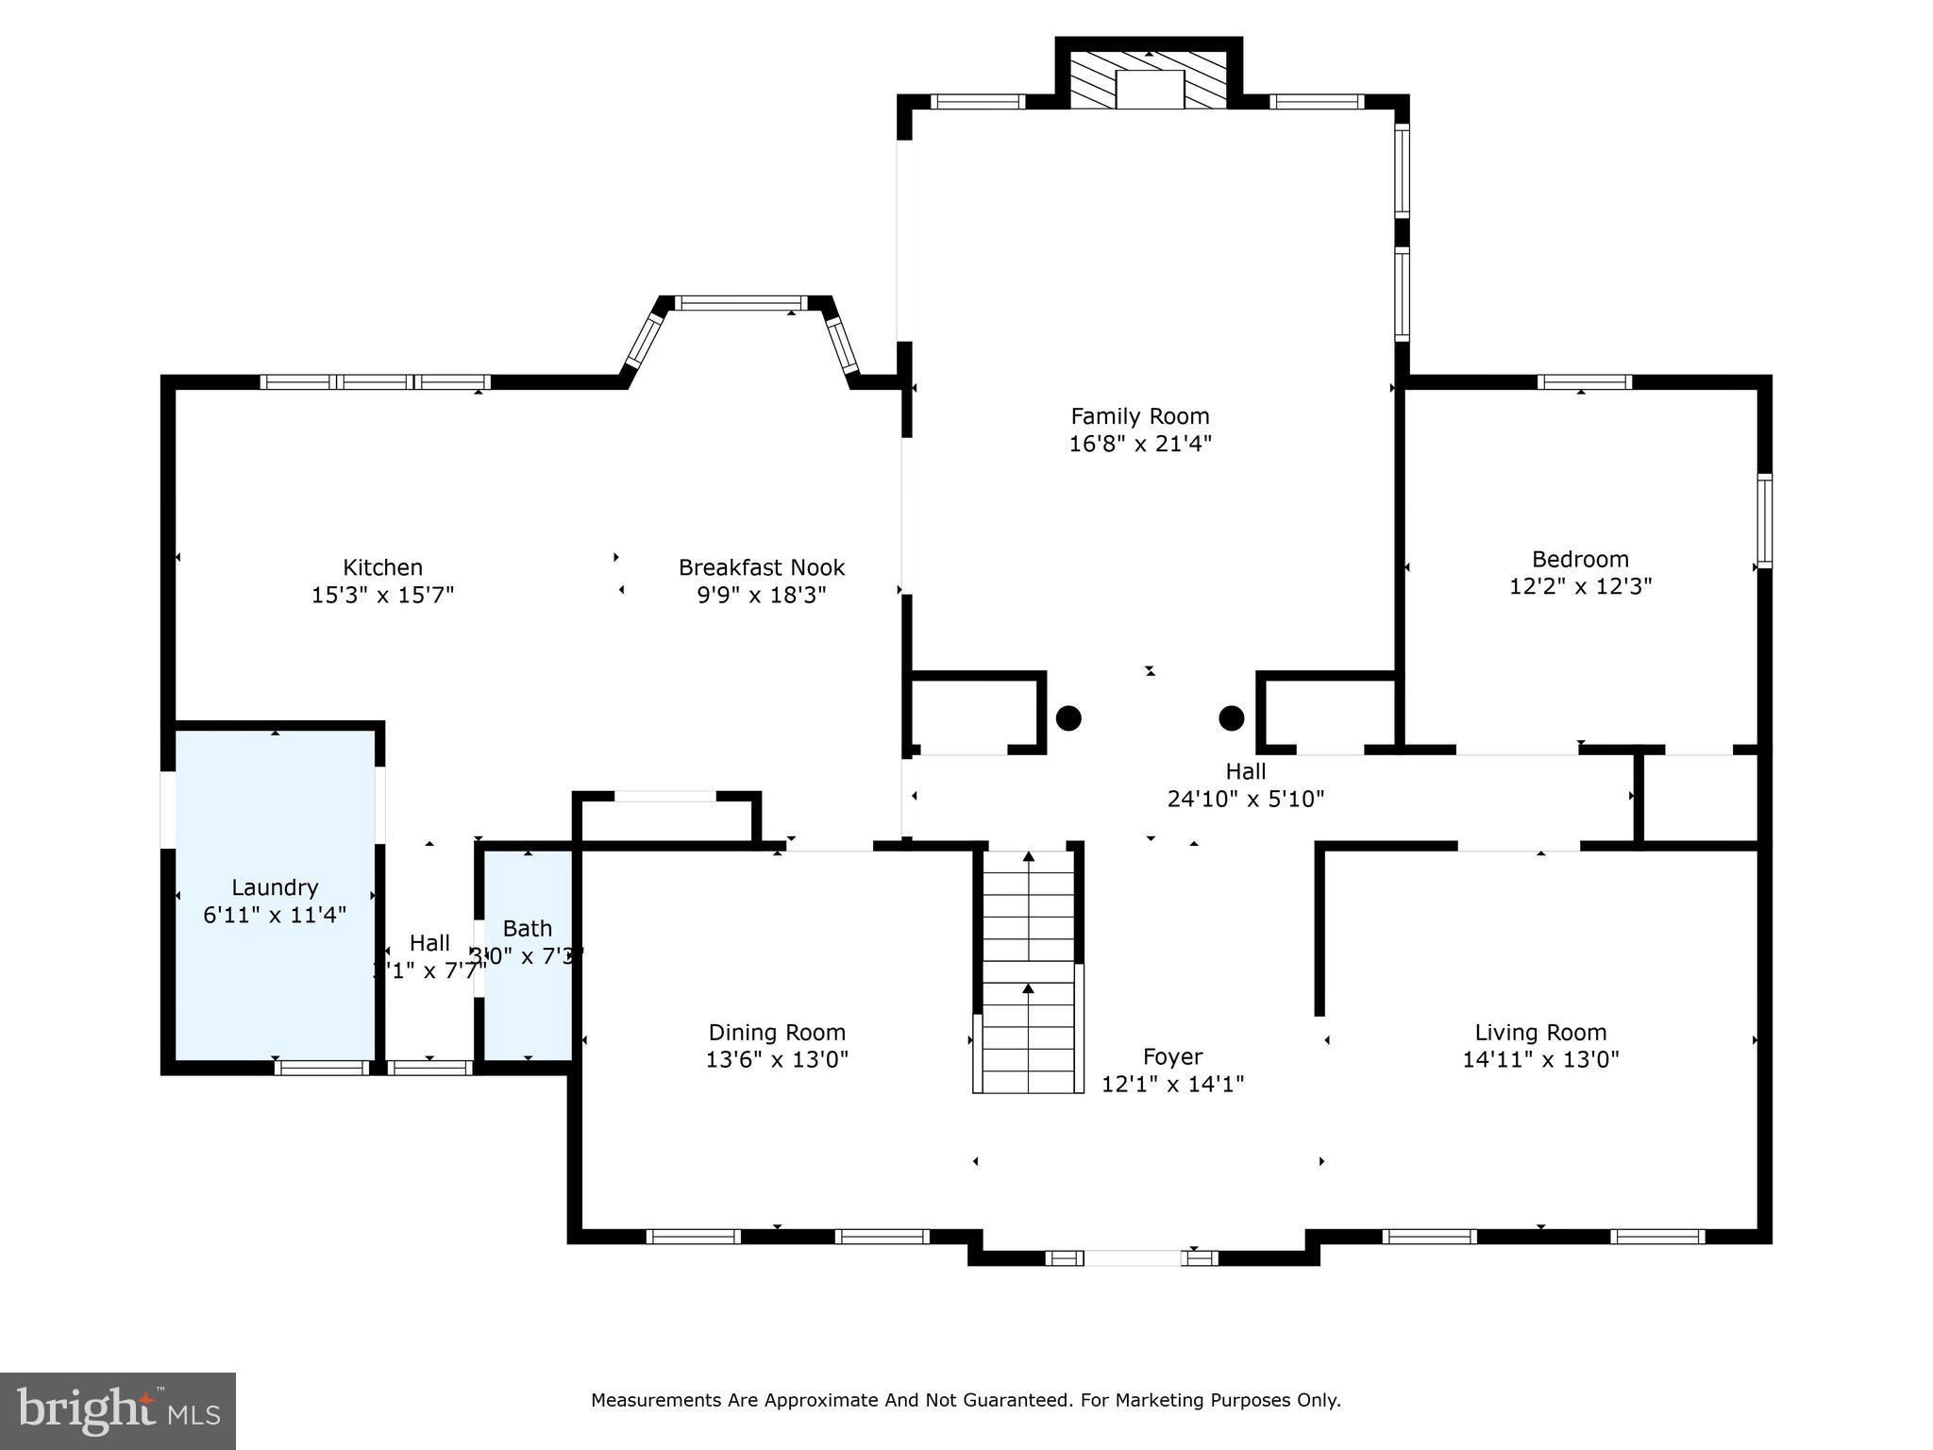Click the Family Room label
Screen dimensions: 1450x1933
[x=1139, y=416]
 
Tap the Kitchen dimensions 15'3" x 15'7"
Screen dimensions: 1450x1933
[x=382, y=595]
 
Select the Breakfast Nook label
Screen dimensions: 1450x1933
[x=761, y=567]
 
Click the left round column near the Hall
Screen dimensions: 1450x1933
[x=1067, y=718]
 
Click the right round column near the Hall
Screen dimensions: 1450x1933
[x=1231, y=718]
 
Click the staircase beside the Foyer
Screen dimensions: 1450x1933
[x=1028, y=972]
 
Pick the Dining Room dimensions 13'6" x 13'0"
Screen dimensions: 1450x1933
[x=777, y=1059]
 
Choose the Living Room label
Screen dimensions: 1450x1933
[x=1540, y=1033]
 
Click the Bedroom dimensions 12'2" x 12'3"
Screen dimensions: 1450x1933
[x=1580, y=586]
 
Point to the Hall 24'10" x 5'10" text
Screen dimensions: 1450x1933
[x=1245, y=799]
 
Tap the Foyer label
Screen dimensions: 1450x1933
[x=1172, y=1056]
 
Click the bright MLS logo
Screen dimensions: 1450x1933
[x=117, y=1410]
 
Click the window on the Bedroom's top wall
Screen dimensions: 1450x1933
[x=1584, y=382]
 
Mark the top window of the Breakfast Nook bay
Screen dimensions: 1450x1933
[x=741, y=303]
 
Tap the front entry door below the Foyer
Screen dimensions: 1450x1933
[x=1132, y=1257]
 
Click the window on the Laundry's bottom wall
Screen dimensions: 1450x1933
[x=322, y=1068]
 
